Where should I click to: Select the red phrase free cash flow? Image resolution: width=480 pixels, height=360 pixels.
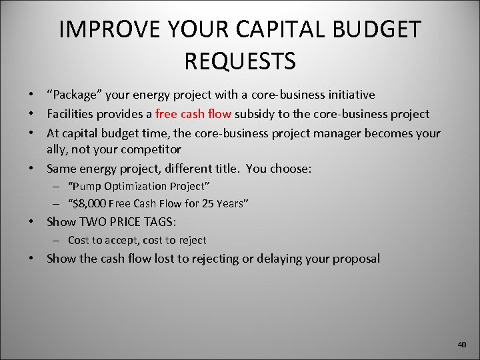193,114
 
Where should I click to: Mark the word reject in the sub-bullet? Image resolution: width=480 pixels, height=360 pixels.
191,240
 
